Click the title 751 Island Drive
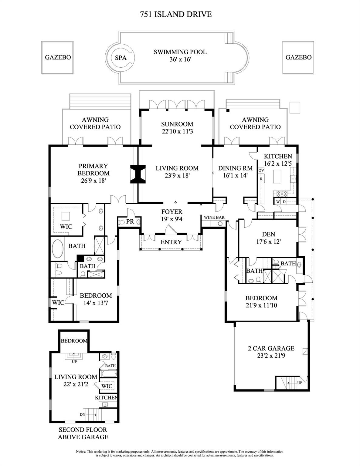(176, 14)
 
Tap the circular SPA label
(121, 58)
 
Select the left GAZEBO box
(58, 57)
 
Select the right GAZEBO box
(298, 57)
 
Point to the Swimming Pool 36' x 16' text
(180, 56)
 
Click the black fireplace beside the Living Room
(138, 174)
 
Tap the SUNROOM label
(177, 124)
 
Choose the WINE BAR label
(214, 217)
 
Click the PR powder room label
(130, 221)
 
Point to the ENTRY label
(171, 242)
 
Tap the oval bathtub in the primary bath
(58, 249)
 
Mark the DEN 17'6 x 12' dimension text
(268, 242)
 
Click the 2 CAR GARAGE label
(271, 348)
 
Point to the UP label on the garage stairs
(299, 383)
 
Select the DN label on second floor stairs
(82, 414)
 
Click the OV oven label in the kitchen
(261, 171)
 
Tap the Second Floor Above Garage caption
(83, 433)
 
